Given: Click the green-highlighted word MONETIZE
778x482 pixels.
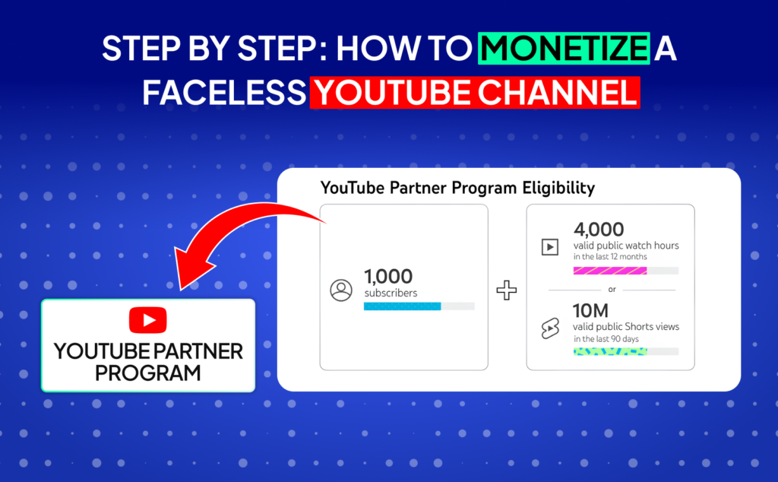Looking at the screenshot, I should point(564,49).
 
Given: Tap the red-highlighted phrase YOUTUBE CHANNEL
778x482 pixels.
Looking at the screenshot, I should point(474,93).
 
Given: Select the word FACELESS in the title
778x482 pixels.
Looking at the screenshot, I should point(223,93).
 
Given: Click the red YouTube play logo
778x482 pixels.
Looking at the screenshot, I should point(147,320).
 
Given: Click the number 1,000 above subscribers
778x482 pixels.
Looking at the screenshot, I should point(387,276).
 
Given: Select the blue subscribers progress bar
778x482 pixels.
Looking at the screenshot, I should point(402,306).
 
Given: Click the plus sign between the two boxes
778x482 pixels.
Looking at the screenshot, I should point(506,290).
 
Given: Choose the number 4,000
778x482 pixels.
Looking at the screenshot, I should point(599,229).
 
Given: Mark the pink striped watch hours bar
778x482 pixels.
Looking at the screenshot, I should point(610,270).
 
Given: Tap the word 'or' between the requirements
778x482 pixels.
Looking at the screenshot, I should point(612,290).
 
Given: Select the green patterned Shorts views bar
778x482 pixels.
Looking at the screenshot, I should point(610,351).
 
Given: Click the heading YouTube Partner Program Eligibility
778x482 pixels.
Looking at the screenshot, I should point(457,187).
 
